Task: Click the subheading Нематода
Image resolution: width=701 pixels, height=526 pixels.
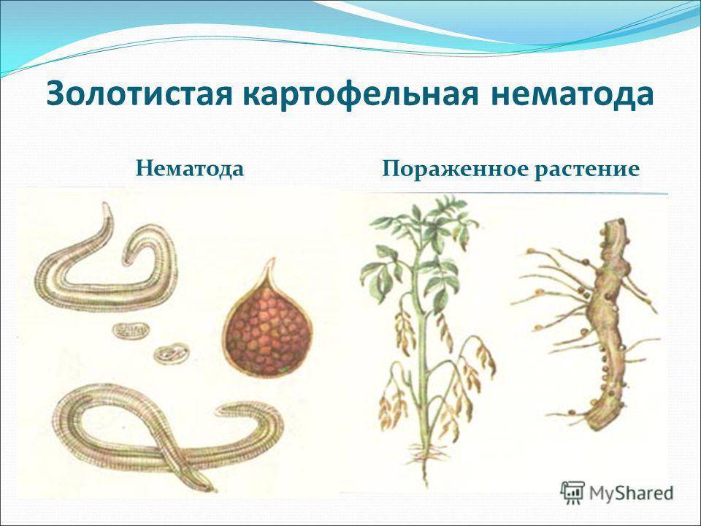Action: pyautogui.click(x=190, y=169)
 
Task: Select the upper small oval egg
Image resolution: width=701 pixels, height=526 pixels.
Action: pyautogui.click(x=130, y=330)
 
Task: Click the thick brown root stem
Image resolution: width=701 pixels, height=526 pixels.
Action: pyautogui.click(x=609, y=322)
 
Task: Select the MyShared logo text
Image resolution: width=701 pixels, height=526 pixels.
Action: pyautogui.click(x=631, y=493)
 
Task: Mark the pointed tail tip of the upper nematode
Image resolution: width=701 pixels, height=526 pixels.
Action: pyautogui.click(x=106, y=205)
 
